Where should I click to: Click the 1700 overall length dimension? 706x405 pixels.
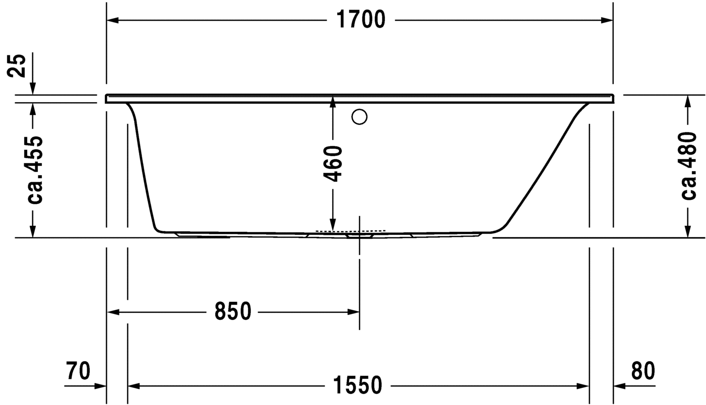(361, 20)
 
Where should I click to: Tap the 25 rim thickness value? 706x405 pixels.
(17, 65)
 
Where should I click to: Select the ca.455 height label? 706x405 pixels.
(35, 170)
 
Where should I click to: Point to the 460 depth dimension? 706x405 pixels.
(333, 164)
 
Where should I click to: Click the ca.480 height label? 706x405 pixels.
(689, 166)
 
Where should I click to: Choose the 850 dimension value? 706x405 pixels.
(233, 311)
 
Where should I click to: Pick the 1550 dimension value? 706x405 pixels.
(357, 385)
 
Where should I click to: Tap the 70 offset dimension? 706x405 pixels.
(78, 371)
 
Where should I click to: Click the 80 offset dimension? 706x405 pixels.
(643, 371)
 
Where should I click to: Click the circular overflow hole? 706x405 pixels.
(359, 117)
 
